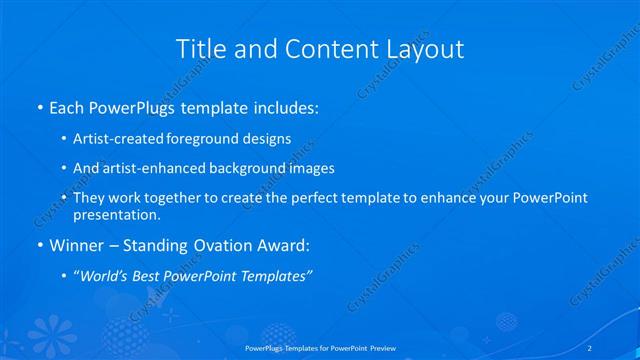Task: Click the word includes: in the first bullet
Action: (x=283, y=105)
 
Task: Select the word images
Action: (x=309, y=168)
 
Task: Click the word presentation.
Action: (x=117, y=214)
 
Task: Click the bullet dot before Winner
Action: (x=39, y=245)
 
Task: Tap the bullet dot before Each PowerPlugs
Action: (x=39, y=106)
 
